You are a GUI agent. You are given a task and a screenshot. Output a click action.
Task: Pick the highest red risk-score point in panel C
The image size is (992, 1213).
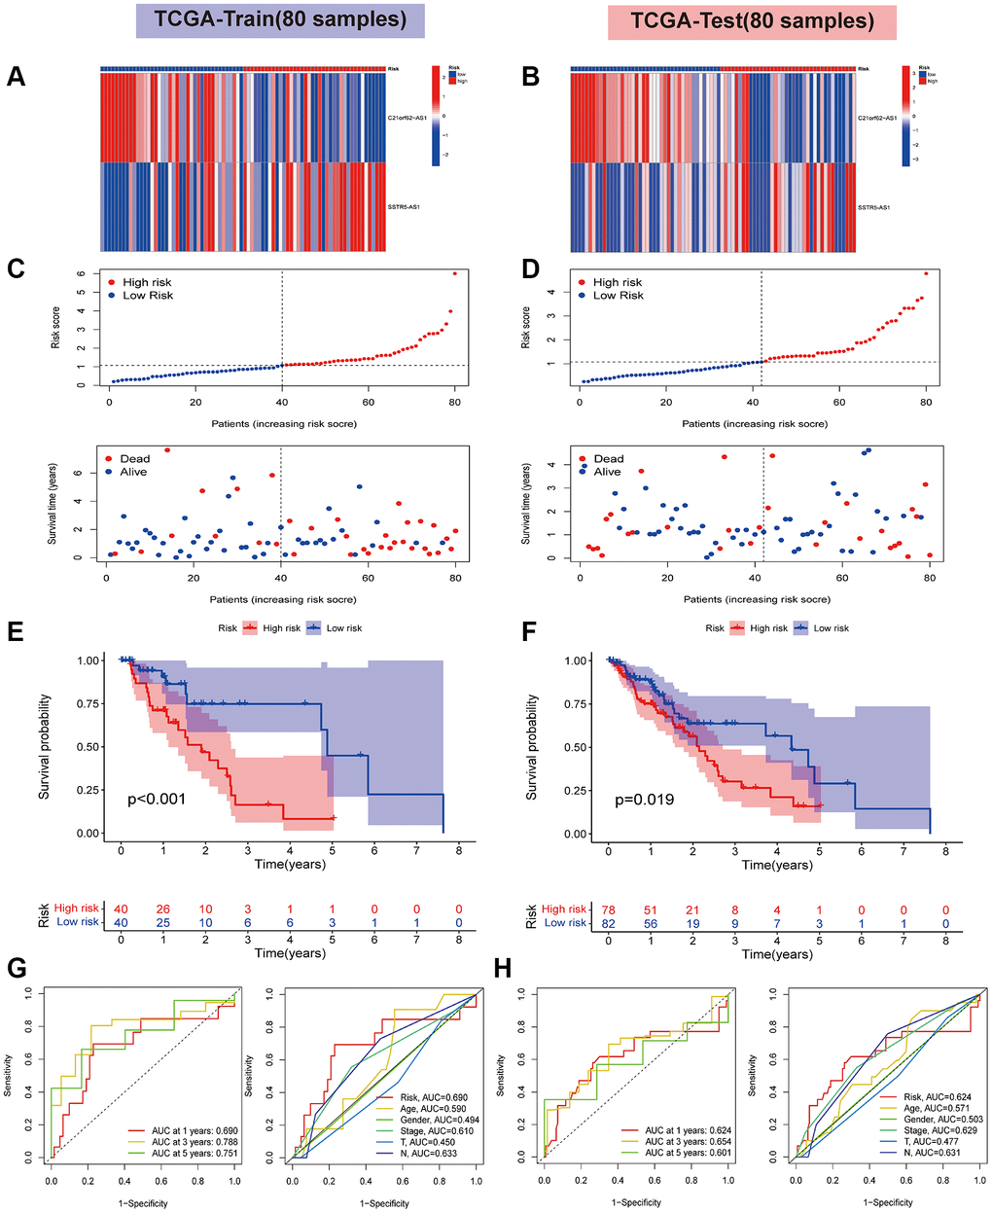click(x=454, y=273)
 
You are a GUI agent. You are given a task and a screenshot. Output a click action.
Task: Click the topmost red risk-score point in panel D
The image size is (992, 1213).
click(x=926, y=273)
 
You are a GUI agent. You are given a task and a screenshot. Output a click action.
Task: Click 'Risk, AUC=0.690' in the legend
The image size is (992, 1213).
click(x=415, y=1096)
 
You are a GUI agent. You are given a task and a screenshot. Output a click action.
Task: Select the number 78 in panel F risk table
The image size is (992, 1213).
click(x=608, y=909)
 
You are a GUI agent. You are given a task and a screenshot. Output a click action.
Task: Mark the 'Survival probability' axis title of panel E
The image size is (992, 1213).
click(x=45, y=747)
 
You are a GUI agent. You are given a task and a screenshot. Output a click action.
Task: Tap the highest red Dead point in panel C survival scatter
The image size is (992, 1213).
click(x=167, y=450)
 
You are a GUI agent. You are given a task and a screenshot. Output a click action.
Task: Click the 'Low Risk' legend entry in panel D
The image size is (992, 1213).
click(x=618, y=295)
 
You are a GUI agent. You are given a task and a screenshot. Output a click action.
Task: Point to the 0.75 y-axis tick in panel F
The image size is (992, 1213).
click(x=576, y=704)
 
